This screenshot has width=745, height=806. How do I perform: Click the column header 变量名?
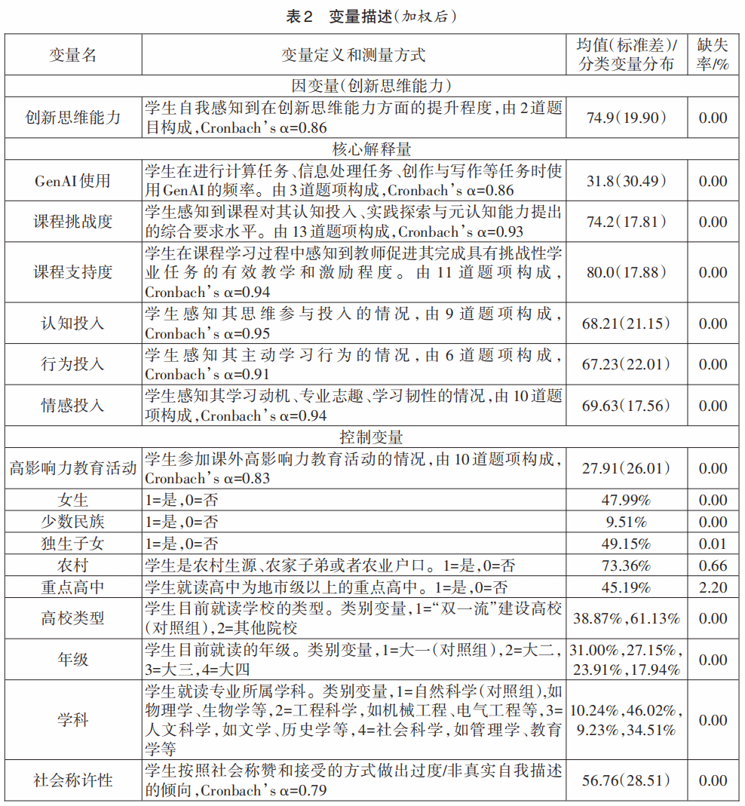click(73, 55)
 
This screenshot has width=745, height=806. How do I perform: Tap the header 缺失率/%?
click(713, 55)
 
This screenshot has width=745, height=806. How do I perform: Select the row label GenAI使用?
click(73, 181)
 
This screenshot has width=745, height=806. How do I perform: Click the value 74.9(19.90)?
click(626, 117)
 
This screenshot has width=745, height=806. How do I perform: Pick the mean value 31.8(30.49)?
click(626, 181)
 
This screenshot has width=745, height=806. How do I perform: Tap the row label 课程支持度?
click(73, 272)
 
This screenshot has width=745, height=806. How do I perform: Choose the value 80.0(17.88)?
click(626, 272)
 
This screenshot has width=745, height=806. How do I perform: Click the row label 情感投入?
click(73, 406)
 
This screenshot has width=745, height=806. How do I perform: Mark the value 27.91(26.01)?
click(626, 468)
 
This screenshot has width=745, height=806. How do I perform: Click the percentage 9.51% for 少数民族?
click(626, 522)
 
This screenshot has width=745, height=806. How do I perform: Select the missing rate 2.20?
click(713, 587)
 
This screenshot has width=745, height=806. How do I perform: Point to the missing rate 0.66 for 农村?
click(713, 565)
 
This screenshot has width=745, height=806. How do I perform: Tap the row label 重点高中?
click(73, 587)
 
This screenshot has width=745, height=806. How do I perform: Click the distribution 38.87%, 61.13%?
click(626, 618)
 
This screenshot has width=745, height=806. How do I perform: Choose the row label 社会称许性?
click(73, 780)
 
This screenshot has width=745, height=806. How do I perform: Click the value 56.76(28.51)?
click(626, 780)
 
